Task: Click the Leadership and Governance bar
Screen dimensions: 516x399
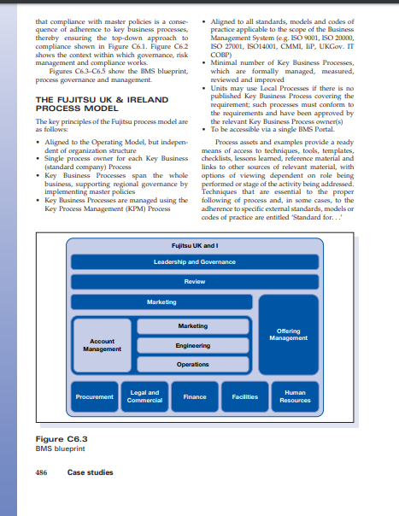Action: [x=194, y=261]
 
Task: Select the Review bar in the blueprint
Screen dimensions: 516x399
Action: [x=194, y=281]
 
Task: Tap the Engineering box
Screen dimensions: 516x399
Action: [x=192, y=345]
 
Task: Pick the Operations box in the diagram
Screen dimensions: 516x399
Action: [x=192, y=364]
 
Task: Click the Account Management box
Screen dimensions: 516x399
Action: [x=102, y=344]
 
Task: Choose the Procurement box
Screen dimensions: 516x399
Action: [x=94, y=396]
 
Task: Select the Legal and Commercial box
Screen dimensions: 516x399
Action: [x=143, y=396]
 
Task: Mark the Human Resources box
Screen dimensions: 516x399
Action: [x=295, y=396]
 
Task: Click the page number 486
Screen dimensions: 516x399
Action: [x=40, y=472]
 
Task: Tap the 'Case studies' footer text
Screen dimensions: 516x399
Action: [x=90, y=472]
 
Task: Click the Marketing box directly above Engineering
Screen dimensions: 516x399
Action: [x=192, y=326]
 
